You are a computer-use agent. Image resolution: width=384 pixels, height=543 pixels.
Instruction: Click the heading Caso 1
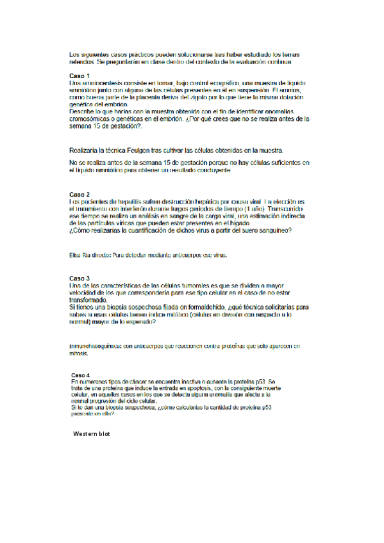[79, 76]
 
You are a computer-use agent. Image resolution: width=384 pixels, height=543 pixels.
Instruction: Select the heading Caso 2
[79, 193]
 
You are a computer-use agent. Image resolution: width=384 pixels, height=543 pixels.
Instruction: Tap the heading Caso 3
[79, 279]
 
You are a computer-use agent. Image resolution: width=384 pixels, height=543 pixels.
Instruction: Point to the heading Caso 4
[81, 375]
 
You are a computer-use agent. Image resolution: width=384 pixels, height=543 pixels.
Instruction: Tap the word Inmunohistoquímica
[96, 346]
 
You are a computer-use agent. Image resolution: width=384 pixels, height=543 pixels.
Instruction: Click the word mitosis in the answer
[79, 353]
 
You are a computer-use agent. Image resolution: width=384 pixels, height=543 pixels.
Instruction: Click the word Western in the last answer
[86, 434]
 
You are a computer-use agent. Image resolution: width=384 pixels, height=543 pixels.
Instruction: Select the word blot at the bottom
[106, 434]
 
